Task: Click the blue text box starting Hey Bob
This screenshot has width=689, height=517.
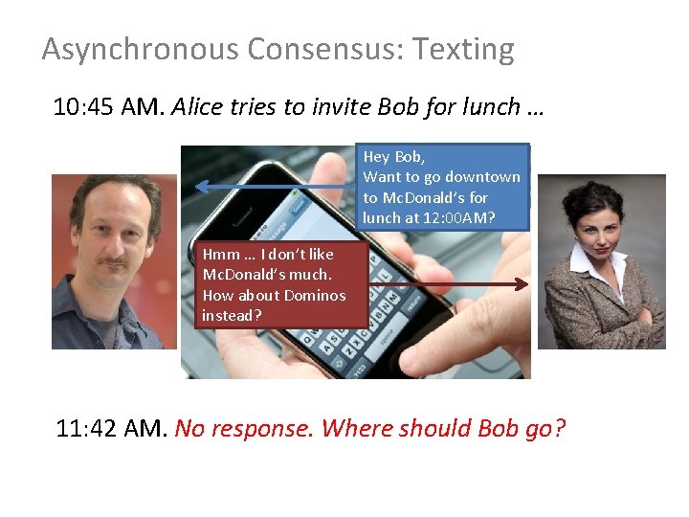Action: [x=444, y=188]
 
